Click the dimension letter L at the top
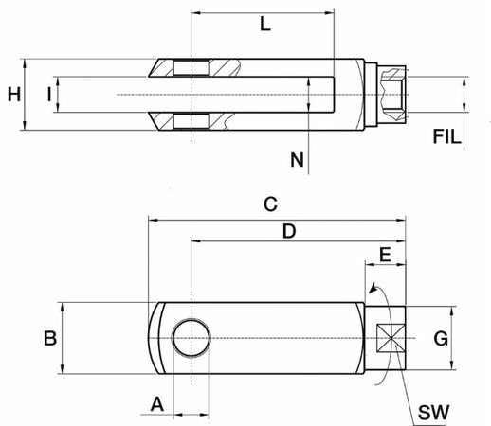pyautogui.click(x=265, y=24)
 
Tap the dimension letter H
pyautogui.click(x=14, y=95)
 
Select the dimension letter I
pyautogui.click(x=49, y=95)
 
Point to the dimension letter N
pyautogui.click(x=297, y=160)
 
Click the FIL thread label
pyautogui.click(x=446, y=136)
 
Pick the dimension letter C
pyautogui.click(x=270, y=204)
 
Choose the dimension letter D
pyautogui.click(x=289, y=231)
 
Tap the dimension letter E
pyautogui.click(x=385, y=255)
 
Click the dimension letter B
pyautogui.click(x=50, y=338)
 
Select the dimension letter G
pyautogui.click(x=441, y=339)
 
